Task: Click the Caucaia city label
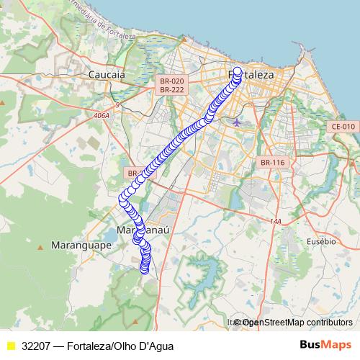[106, 74]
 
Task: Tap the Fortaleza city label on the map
[251, 74]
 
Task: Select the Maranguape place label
[79, 246]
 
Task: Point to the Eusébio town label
[320, 241]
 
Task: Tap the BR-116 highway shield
[273, 163]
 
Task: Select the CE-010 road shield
[343, 127]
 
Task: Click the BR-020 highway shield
[172, 81]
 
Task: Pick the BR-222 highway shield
[172, 90]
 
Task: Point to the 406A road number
[101, 114]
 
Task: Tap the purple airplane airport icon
[238, 122]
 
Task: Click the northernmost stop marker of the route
[238, 71]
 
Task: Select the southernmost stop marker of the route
[144, 271]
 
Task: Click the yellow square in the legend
[10, 346]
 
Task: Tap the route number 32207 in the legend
[36, 346]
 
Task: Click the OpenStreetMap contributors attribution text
[295, 323]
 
